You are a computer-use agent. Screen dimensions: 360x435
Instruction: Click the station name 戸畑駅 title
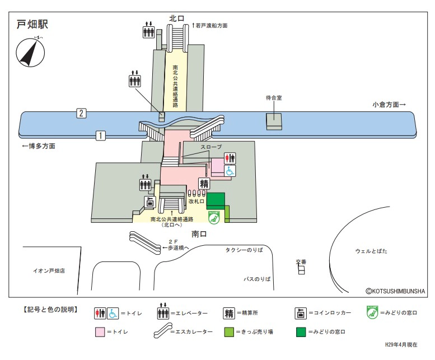pos(33,25)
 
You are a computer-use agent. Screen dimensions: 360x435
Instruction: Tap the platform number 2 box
pos(82,114)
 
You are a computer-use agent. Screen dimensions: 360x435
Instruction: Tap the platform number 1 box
pos(101,135)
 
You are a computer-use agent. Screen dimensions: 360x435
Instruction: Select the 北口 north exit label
pos(177,18)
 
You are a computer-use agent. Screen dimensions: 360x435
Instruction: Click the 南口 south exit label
pos(199,233)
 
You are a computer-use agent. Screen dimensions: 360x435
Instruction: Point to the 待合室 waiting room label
pos(274,97)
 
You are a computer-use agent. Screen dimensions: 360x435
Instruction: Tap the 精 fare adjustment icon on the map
pos(204,184)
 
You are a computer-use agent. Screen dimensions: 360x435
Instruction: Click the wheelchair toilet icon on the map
pos(230,172)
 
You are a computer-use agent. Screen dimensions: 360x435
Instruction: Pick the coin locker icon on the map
pos(149,202)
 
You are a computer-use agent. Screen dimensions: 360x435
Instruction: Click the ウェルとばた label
pos(371,251)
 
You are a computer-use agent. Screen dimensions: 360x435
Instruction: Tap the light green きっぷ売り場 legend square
pos(228,331)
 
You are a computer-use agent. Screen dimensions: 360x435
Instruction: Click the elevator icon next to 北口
pos(148,30)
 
